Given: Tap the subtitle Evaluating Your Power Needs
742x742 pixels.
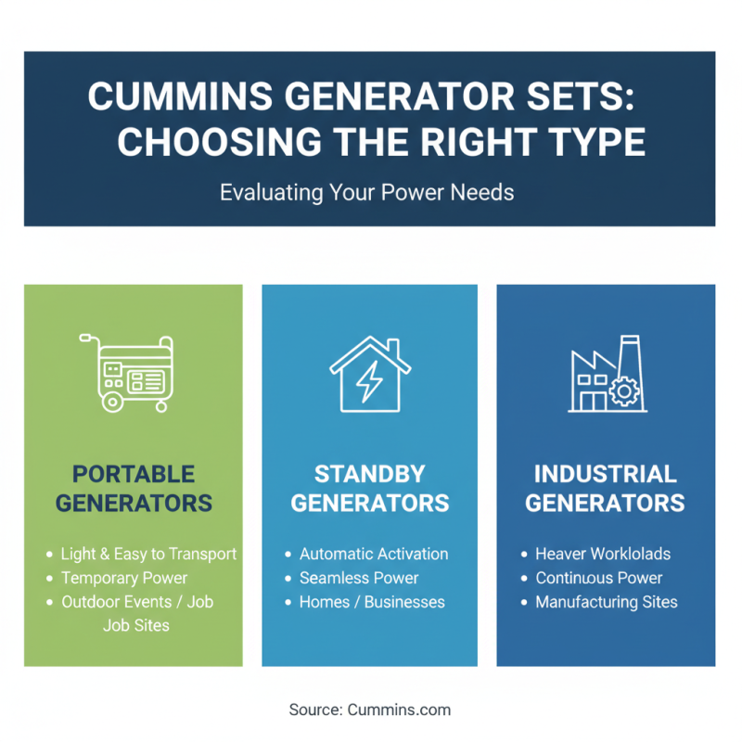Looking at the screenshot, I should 367,193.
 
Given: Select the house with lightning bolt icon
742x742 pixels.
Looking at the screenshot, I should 370,374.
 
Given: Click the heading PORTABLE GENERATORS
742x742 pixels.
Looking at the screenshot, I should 134,489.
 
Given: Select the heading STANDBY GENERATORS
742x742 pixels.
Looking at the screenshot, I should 370,489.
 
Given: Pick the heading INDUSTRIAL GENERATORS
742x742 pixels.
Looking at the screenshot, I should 606,489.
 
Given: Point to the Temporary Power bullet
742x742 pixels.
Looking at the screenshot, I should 124,578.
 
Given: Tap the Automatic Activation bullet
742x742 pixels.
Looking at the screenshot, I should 374,554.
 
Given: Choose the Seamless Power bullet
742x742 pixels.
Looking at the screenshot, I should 359,578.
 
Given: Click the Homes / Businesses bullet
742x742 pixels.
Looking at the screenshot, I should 372,602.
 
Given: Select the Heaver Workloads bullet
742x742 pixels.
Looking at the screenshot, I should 603,554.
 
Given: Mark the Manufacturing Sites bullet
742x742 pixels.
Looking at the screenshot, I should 607,602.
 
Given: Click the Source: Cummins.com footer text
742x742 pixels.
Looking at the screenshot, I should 370,710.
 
